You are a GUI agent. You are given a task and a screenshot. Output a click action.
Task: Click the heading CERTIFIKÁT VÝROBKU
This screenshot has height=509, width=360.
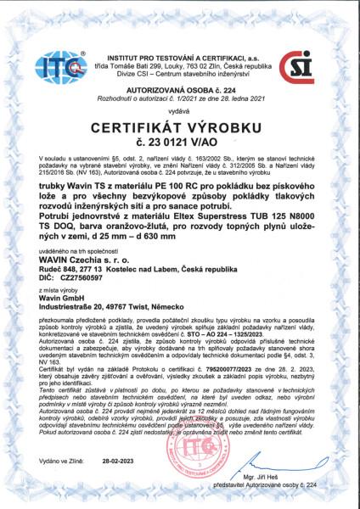point(181,130)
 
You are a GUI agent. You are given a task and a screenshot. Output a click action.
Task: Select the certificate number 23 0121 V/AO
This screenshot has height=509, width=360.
point(180,144)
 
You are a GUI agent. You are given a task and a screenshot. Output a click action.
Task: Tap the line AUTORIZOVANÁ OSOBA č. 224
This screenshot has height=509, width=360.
point(181,87)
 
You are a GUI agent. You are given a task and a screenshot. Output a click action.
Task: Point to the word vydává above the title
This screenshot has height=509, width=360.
point(180,110)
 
